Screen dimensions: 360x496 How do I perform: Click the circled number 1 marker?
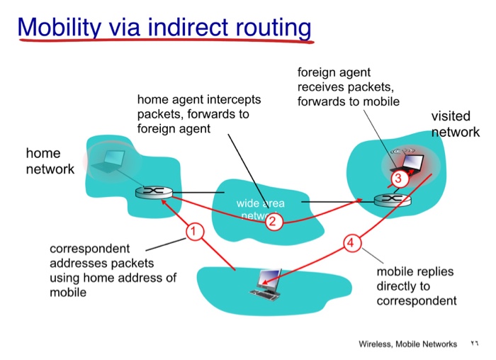pyautogui.click(x=193, y=231)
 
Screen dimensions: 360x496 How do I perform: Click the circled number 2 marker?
pyautogui.click(x=274, y=222)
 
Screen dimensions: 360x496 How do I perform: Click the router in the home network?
pyautogui.click(x=150, y=192)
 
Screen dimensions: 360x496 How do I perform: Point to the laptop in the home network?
pyautogui.click(x=112, y=161)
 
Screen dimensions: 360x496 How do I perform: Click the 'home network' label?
pyautogui.click(x=50, y=161)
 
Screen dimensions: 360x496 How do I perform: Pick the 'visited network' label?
pyautogui.click(x=454, y=124)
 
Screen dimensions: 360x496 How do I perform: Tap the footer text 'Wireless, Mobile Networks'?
pyautogui.click(x=407, y=344)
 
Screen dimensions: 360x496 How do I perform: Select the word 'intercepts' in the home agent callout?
pyautogui.click(x=234, y=99)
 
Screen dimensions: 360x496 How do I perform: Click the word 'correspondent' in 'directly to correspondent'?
pyautogui.click(x=416, y=301)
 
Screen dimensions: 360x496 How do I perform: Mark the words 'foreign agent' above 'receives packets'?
pyautogui.click(x=334, y=72)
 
